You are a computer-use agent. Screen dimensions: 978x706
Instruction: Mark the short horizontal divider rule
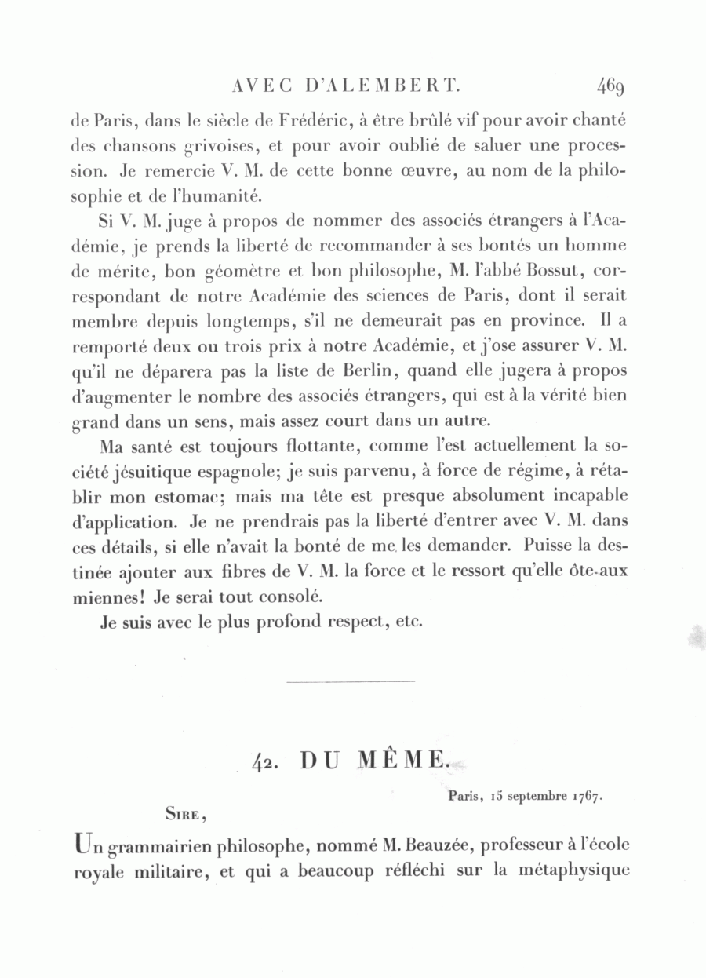[x=350, y=682]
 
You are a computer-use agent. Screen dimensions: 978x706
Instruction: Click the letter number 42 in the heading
[x=267, y=761]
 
